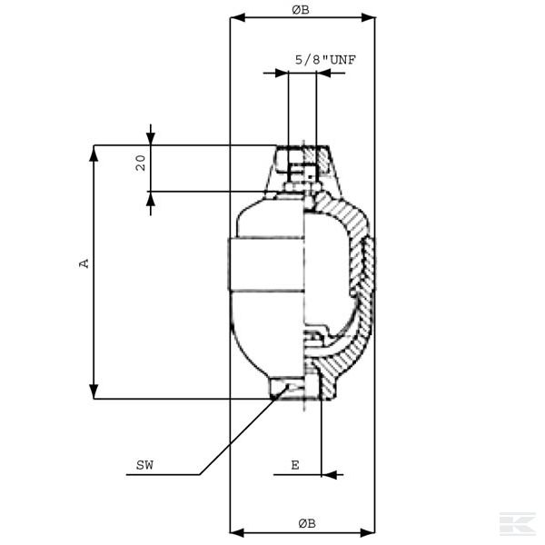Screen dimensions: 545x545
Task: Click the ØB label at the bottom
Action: [306, 522]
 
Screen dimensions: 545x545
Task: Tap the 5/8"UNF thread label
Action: [325, 60]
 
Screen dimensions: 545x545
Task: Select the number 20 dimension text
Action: [141, 163]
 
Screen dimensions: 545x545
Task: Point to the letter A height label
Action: [84, 263]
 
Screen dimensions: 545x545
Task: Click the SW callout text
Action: [144, 466]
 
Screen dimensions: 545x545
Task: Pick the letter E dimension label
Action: [294, 465]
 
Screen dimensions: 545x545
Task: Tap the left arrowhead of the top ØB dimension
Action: [235, 17]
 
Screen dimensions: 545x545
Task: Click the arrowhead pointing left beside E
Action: [328, 473]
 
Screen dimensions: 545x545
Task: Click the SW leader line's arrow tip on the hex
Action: [288, 387]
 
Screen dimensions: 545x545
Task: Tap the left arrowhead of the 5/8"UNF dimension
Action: [282, 73]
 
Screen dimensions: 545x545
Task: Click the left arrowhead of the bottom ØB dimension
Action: [235, 530]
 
